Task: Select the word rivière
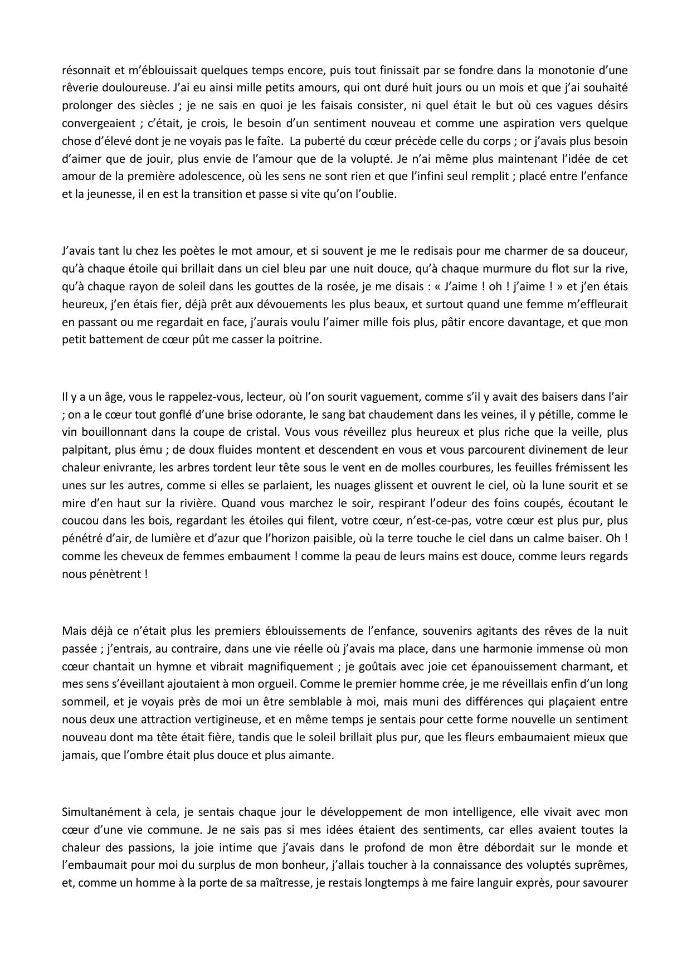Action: (196, 503)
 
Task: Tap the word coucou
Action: (79, 521)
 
